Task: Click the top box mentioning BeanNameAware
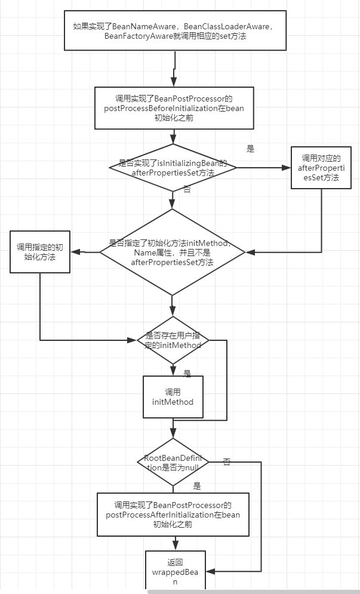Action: point(175,30)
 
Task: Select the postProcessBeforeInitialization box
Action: point(174,108)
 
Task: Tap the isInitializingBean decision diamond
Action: point(173,167)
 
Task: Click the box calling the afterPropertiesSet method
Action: point(321,167)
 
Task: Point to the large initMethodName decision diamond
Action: point(173,252)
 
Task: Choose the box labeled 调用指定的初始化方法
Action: point(40,252)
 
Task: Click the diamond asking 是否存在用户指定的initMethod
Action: point(173,340)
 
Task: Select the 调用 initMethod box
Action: point(173,397)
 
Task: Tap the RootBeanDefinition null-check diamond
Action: point(173,462)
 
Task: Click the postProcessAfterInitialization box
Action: point(173,515)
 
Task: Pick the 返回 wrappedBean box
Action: point(176,571)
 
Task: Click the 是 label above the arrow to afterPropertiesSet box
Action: point(251,149)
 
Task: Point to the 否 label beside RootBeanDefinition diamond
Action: point(227,462)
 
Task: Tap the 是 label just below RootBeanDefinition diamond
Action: point(197,486)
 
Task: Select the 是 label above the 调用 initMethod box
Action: point(187,374)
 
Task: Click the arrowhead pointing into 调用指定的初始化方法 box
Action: point(75,252)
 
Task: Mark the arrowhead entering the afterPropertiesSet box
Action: point(287,167)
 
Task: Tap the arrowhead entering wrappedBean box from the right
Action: point(210,571)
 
